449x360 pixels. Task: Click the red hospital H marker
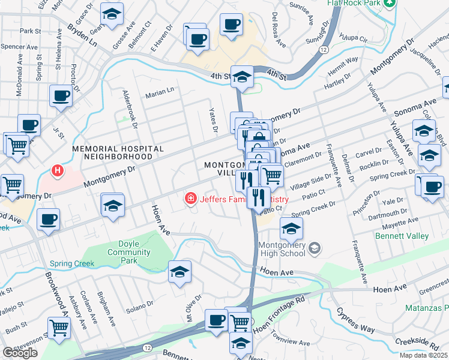click(58, 171)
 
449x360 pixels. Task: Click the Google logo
click(20, 353)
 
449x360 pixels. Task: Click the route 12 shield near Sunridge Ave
click(324, 49)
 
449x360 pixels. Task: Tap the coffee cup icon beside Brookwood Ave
click(48, 219)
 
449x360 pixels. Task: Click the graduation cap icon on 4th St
click(242, 76)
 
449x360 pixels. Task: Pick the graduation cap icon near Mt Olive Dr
click(179, 272)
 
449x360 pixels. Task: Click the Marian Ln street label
click(160, 91)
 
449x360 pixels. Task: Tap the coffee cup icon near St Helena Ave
click(61, 95)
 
